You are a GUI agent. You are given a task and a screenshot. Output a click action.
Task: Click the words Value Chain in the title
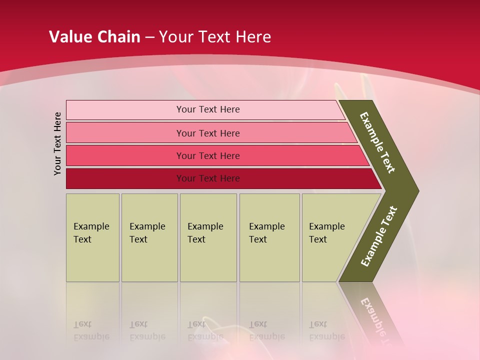tap(94, 37)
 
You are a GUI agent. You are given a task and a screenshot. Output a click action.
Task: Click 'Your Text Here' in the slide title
tap(215, 37)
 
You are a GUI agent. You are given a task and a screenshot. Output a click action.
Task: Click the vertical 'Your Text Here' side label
tap(57, 143)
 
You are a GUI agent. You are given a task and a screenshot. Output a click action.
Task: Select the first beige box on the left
tap(92, 237)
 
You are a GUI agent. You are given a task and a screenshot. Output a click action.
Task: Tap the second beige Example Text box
tap(149, 237)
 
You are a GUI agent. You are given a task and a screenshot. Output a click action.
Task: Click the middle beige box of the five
tap(208, 237)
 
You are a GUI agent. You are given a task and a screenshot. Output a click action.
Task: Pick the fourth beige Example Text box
tap(269, 237)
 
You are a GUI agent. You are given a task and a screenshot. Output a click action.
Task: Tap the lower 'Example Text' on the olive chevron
tap(378, 236)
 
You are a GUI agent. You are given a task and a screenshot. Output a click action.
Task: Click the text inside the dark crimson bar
tap(208, 178)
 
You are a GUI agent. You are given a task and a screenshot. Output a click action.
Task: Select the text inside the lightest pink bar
tap(208, 109)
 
